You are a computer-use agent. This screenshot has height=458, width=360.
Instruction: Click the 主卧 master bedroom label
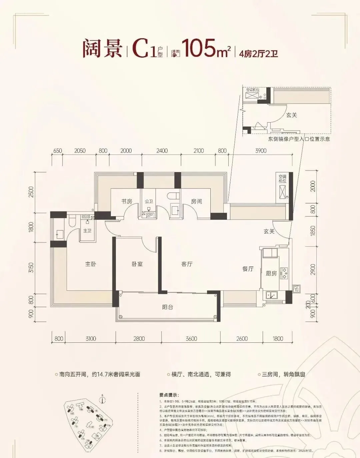pos(90,264)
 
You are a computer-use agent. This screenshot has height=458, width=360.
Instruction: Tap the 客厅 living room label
pos(187,264)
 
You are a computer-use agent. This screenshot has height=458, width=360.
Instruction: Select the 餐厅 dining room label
pos(248,269)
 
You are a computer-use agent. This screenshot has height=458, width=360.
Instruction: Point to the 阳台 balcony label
pos(167,307)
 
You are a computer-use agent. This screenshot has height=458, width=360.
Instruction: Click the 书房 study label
pos(126,202)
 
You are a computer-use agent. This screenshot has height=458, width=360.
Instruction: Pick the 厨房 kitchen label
pos(271,273)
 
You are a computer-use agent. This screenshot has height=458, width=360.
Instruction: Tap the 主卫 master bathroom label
pos(87,230)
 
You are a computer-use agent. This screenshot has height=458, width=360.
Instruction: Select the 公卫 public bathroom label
pos(149,202)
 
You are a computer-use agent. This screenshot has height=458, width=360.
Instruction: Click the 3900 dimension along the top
pos(261,151)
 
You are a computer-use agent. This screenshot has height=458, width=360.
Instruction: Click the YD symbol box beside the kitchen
pos(296,289)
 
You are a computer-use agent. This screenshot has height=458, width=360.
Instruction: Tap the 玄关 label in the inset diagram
pos(291,115)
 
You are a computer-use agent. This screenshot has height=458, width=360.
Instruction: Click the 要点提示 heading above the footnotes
pos(169,395)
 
